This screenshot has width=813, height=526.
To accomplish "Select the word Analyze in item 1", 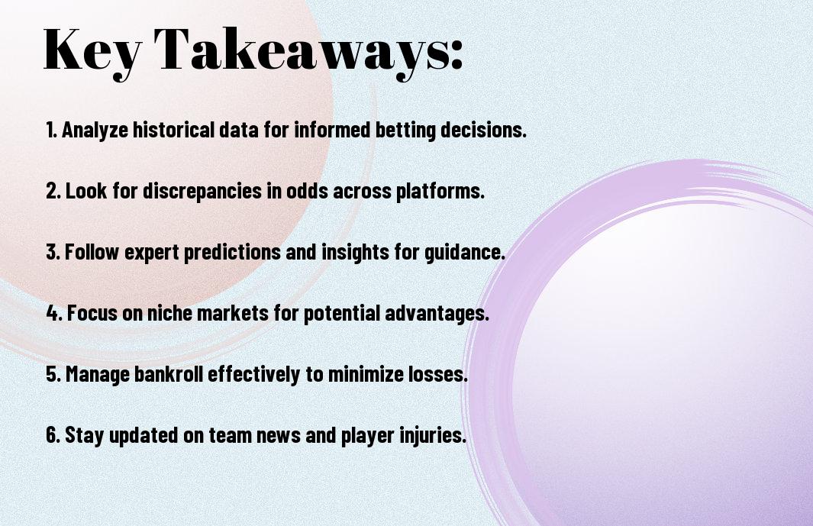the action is [x=95, y=131].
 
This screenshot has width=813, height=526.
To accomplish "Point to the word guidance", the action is [x=465, y=253].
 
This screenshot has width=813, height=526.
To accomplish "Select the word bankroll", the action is [x=169, y=373].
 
